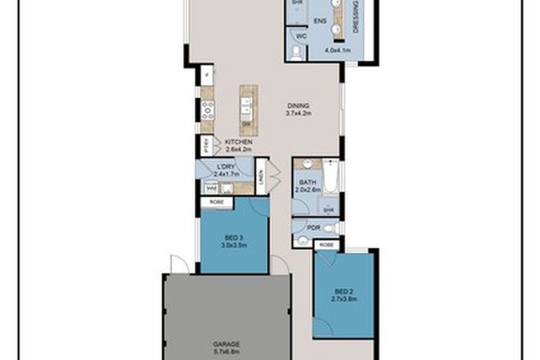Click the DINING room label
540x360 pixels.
click(298, 105)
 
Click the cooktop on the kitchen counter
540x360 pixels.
click(207, 111)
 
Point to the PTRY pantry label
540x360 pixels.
click(206, 146)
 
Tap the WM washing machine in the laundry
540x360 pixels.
click(211, 188)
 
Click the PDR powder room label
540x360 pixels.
click(312, 227)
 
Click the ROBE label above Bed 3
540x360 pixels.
click(216, 200)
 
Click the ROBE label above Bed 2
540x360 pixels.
click(326, 245)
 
